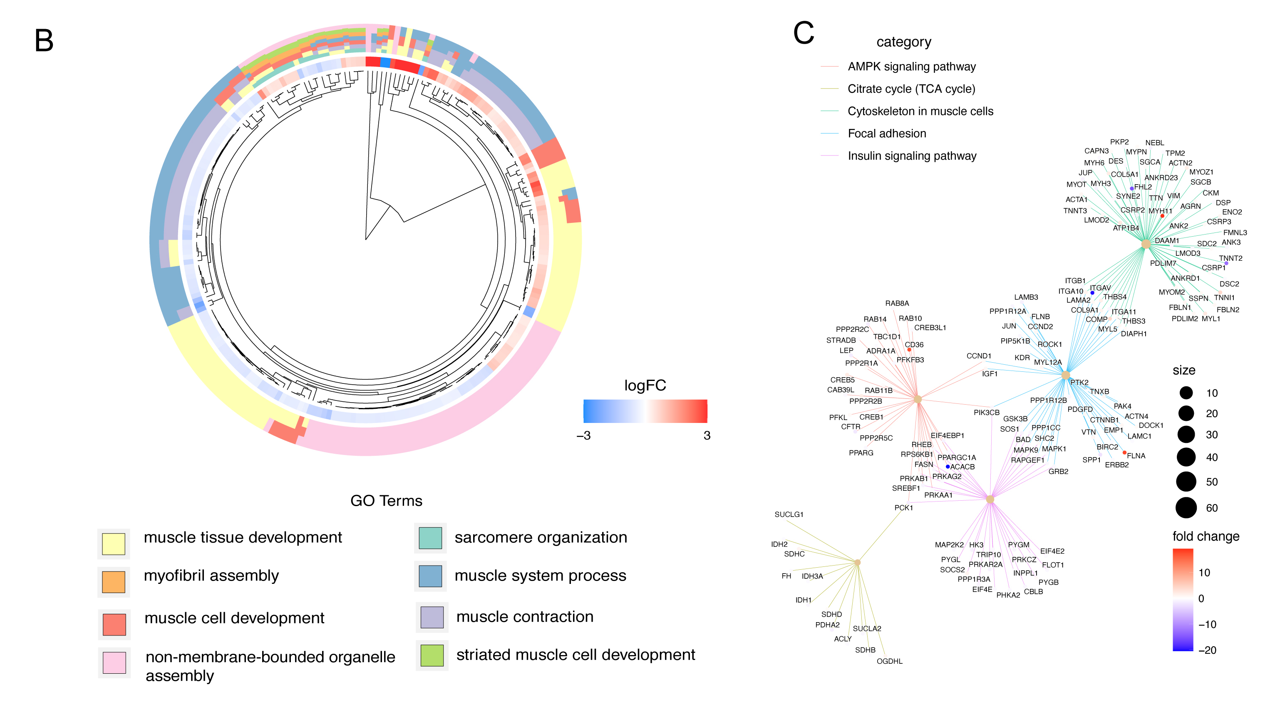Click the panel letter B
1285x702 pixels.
[44, 41]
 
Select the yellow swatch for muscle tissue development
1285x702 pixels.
[113, 544]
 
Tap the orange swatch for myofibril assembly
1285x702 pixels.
[113, 582]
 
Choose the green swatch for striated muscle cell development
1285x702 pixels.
[432, 655]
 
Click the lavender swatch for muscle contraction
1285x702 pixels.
[432, 617]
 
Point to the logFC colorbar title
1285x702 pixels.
[645, 386]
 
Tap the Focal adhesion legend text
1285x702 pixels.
[886, 133]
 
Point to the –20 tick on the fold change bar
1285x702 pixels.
[1207, 650]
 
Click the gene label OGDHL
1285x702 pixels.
[889, 662]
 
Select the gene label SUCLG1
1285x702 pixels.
[789, 514]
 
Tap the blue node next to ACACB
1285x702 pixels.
[947, 467]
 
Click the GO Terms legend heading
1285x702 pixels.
[386, 501]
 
